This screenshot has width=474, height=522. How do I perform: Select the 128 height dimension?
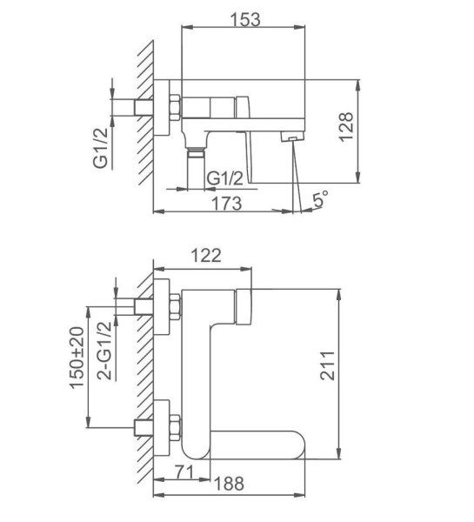(371, 130)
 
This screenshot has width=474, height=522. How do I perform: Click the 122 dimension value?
(207, 255)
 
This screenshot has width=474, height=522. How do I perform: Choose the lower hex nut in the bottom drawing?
(174, 426)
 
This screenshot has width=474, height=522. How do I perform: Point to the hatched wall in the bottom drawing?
(144, 365)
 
